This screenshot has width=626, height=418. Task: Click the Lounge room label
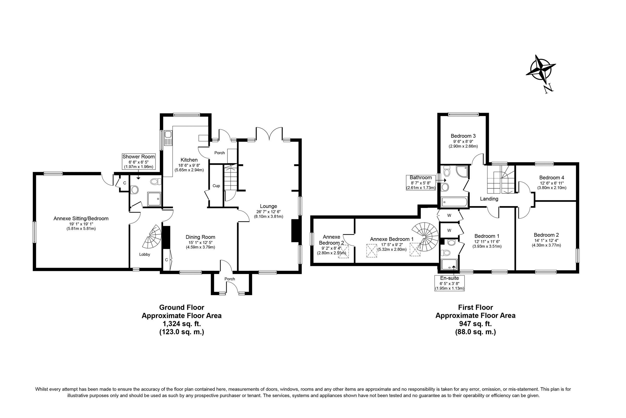[x=268, y=206]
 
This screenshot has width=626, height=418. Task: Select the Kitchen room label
[x=189, y=160]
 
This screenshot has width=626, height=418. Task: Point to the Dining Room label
[x=200, y=237]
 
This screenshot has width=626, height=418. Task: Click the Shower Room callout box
[x=138, y=161]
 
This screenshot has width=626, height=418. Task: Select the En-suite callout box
[x=450, y=283]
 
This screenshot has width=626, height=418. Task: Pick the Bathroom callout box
[x=420, y=182]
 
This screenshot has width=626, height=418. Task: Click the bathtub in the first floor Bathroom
[x=454, y=202]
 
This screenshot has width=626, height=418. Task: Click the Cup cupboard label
[x=216, y=186]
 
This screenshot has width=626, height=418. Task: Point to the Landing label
[x=489, y=199]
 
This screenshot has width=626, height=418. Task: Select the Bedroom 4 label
[x=551, y=177]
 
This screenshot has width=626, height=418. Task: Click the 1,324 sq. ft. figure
[x=182, y=324]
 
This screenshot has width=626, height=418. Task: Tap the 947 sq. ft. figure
[x=475, y=324]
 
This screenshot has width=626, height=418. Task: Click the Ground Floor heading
[x=182, y=307]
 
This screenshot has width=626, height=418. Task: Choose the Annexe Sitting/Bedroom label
[x=81, y=219]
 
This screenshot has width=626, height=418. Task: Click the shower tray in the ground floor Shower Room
[x=154, y=199]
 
